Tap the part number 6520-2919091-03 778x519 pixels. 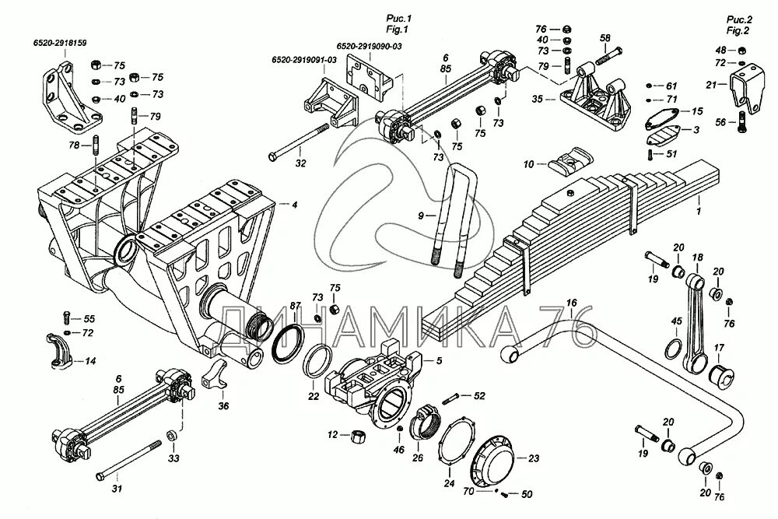point(303,60)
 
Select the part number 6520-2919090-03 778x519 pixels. point(370,47)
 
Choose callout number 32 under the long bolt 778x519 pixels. point(301,165)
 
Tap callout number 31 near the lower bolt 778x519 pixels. point(117,489)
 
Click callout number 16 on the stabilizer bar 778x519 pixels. point(571,303)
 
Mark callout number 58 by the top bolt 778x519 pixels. point(605,37)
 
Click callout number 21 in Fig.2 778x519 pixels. point(710,84)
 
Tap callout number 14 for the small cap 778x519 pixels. point(90,361)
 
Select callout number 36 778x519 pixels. point(223,405)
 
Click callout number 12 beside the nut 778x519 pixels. point(332,435)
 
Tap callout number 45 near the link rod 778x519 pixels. point(677,321)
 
